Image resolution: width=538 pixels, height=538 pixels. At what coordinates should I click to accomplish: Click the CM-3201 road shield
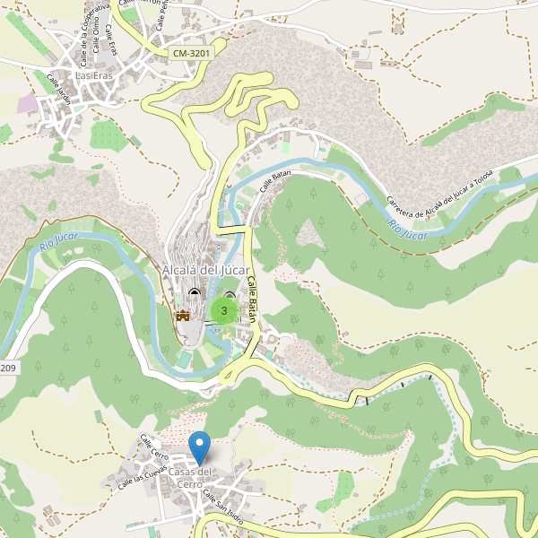(191, 54)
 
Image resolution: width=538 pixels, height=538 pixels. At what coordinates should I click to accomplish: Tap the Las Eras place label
(95, 76)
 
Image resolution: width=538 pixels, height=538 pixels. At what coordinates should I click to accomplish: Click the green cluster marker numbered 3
(223, 310)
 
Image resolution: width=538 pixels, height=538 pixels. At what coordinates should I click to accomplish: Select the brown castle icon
(183, 314)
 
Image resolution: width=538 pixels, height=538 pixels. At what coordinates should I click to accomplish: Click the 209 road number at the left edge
(7, 369)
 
